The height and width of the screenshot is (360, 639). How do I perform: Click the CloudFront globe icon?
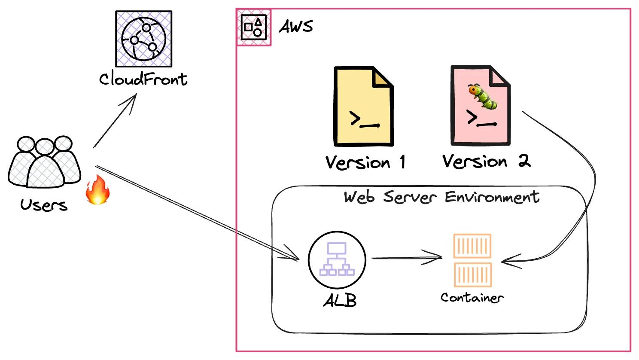pos(143,39)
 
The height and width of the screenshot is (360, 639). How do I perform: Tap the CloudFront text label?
pos(143,79)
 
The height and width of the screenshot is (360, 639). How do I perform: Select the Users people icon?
pos(44,162)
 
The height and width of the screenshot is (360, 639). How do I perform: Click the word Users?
pos(44,205)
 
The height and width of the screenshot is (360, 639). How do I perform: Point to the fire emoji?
pos(98,190)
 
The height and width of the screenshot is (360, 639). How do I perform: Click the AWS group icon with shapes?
pos(253,27)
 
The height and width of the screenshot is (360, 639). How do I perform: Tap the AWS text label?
pos(296,27)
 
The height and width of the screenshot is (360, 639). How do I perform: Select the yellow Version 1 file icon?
pos(363,106)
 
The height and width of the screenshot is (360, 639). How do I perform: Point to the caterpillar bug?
pos(483,96)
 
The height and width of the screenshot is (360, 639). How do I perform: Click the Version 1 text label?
pos(365,162)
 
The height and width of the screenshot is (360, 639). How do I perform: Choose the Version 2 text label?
pos(486,162)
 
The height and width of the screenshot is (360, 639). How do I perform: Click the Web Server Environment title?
pos(441,197)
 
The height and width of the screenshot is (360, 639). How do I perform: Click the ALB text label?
pos(340,300)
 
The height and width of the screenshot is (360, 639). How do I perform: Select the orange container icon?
pos(472,260)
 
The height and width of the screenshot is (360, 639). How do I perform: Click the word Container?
pos(472,297)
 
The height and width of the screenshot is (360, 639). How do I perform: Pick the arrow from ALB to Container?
pos(406,258)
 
